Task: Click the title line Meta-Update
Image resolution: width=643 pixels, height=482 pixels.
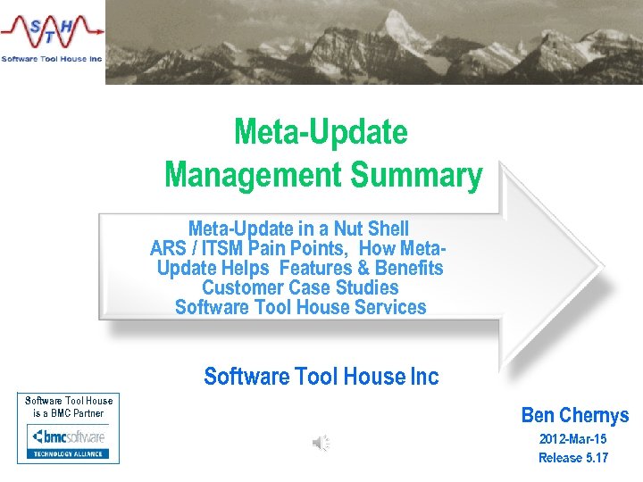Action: [321, 133]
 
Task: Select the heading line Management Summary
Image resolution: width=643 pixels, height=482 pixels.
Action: [323, 174]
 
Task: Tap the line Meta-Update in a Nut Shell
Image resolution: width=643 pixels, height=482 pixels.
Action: [298, 229]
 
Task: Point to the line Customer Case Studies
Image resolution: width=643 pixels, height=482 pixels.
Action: [300, 287]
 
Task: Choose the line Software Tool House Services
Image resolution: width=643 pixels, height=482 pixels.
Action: [300, 307]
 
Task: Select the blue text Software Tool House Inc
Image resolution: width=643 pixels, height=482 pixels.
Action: [321, 377]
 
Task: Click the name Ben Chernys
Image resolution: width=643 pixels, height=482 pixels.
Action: [574, 415]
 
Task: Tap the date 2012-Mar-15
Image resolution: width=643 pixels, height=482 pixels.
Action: [572, 439]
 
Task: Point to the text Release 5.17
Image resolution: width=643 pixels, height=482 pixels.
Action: [572, 458]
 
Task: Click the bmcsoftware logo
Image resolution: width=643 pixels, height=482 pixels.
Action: [69, 436]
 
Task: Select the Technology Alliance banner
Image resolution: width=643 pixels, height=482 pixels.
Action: [69, 453]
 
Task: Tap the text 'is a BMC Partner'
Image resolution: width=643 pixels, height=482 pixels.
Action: [69, 413]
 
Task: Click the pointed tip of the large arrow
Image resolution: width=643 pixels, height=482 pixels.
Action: [599, 267]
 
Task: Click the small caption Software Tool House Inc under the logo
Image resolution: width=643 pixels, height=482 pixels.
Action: [52, 58]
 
